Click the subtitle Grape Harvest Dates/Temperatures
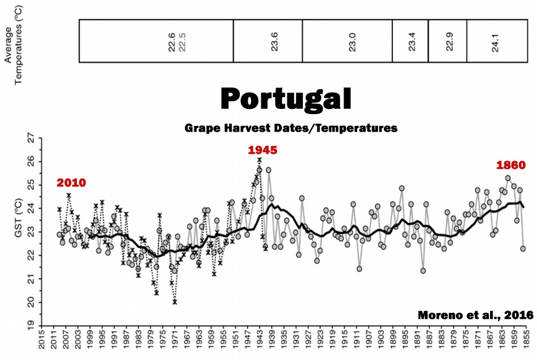pos(290,128)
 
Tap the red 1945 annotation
pos(263,150)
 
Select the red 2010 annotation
pos(71,182)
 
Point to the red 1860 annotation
pos(510,165)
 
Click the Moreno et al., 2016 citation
pos(475,315)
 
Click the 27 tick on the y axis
pos(29,138)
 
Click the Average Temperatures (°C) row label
pos(14,40)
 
